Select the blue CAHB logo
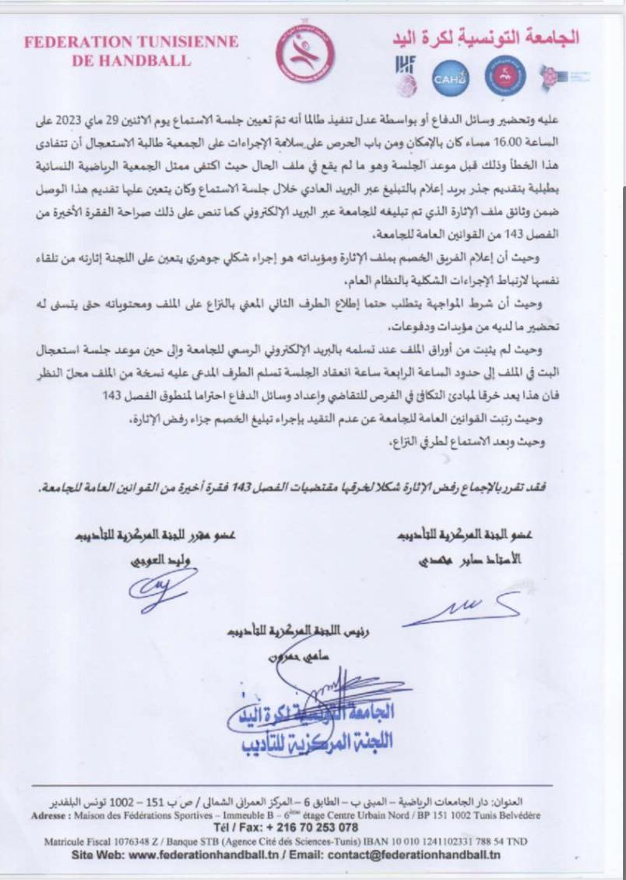point(451,77)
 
